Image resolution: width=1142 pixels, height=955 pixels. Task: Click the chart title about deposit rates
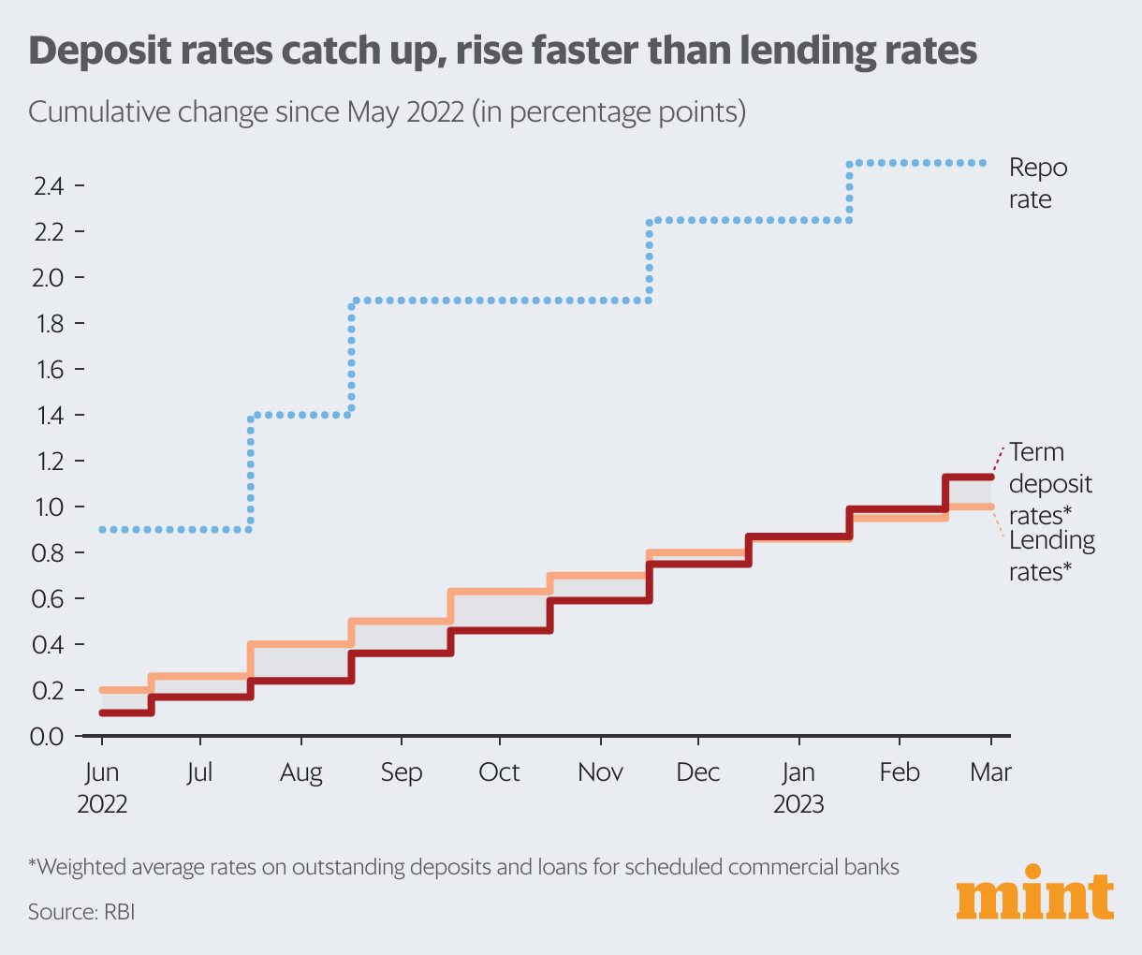pyautogui.click(x=503, y=51)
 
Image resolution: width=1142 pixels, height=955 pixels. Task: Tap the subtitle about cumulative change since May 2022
pyautogui.click(x=387, y=112)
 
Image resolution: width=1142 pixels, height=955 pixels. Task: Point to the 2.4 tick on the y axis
pyautogui.click(x=49, y=186)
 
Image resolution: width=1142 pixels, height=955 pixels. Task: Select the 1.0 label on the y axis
pyautogui.click(x=49, y=507)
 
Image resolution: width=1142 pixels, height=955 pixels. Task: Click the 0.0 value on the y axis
pyautogui.click(x=49, y=737)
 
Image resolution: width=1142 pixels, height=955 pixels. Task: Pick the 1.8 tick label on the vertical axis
pyautogui.click(x=49, y=324)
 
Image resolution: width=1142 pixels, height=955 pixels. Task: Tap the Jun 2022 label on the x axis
pyautogui.click(x=102, y=787)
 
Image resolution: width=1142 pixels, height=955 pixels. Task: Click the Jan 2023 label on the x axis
pyautogui.click(x=798, y=787)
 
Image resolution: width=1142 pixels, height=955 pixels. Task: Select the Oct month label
pyautogui.click(x=499, y=772)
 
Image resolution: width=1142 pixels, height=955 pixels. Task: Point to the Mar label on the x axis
pyautogui.click(x=990, y=772)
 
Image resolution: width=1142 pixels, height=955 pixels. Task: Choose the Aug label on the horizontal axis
pyautogui.click(x=300, y=772)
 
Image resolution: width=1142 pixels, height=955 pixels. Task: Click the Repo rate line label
pyautogui.click(x=1037, y=184)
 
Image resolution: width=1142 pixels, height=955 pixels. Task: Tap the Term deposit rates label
pyautogui.click(x=1050, y=483)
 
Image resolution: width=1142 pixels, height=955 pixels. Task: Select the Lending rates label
pyautogui.click(x=1051, y=555)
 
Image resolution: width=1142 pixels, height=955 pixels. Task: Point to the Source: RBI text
pyautogui.click(x=81, y=911)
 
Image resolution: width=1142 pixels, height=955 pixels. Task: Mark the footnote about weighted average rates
pyautogui.click(x=463, y=867)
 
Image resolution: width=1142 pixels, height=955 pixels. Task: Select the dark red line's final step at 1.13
pyautogui.click(x=969, y=477)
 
